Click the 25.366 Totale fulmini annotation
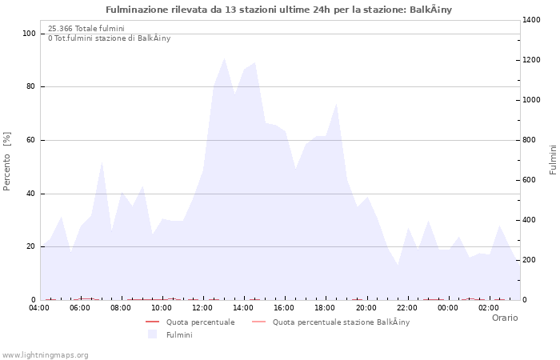pos(86,29)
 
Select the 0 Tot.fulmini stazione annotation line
pos(109,38)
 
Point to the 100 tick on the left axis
pos(29,34)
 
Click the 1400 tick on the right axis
pos(533,20)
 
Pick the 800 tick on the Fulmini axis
pos(530,140)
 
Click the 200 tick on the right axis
pos(530,260)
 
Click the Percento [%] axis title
pos(7,161)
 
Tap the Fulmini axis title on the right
pos(553,160)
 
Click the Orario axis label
pos(504,318)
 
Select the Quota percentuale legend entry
pos(200,322)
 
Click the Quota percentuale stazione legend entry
pos(341,322)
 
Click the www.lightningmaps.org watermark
pos(46,355)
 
